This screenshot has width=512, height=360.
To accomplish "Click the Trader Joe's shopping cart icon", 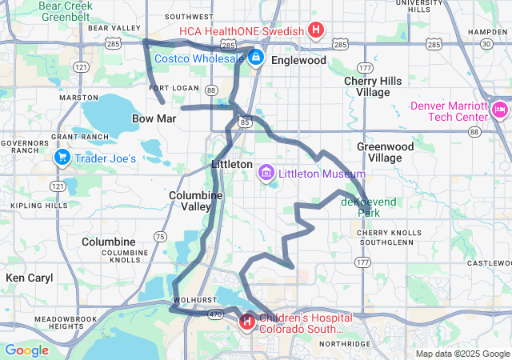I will point(62,158).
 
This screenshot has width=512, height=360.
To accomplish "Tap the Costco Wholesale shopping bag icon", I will point(255,58).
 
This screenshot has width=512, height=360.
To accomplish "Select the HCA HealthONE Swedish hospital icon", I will point(316,31).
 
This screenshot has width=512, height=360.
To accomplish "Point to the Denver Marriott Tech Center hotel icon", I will point(500,109).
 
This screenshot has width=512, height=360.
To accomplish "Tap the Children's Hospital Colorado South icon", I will point(247,322).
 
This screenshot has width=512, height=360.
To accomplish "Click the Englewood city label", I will point(298,60).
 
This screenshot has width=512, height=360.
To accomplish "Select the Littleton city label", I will point(231,163).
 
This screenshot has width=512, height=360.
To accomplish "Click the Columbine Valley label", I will point(190,200).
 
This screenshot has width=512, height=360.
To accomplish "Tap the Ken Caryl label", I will point(29,278).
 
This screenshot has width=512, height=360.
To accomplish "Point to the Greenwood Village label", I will point(385,152).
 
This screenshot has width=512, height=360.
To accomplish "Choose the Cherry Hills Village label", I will point(366,86).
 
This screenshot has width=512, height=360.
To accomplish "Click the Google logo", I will point(26,350).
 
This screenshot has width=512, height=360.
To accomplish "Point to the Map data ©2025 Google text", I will point(462,354).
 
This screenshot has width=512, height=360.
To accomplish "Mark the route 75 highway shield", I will point(160,236).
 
